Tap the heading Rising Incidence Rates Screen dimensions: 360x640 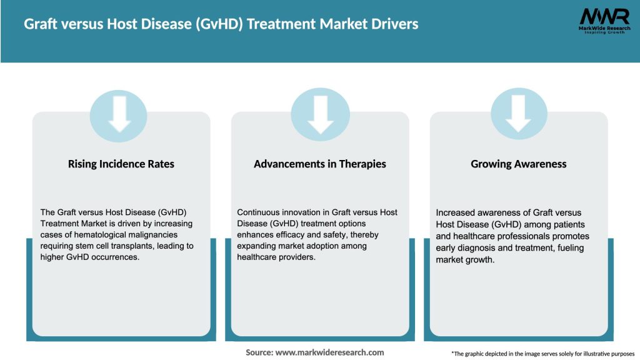click(x=121, y=164)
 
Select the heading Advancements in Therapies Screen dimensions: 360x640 click(x=320, y=164)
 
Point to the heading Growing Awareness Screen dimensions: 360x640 click(x=519, y=164)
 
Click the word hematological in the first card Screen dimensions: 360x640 click(x=87, y=235)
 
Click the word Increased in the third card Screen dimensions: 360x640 click(x=457, y=213)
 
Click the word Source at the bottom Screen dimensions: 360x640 click(x=259, y=352)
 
